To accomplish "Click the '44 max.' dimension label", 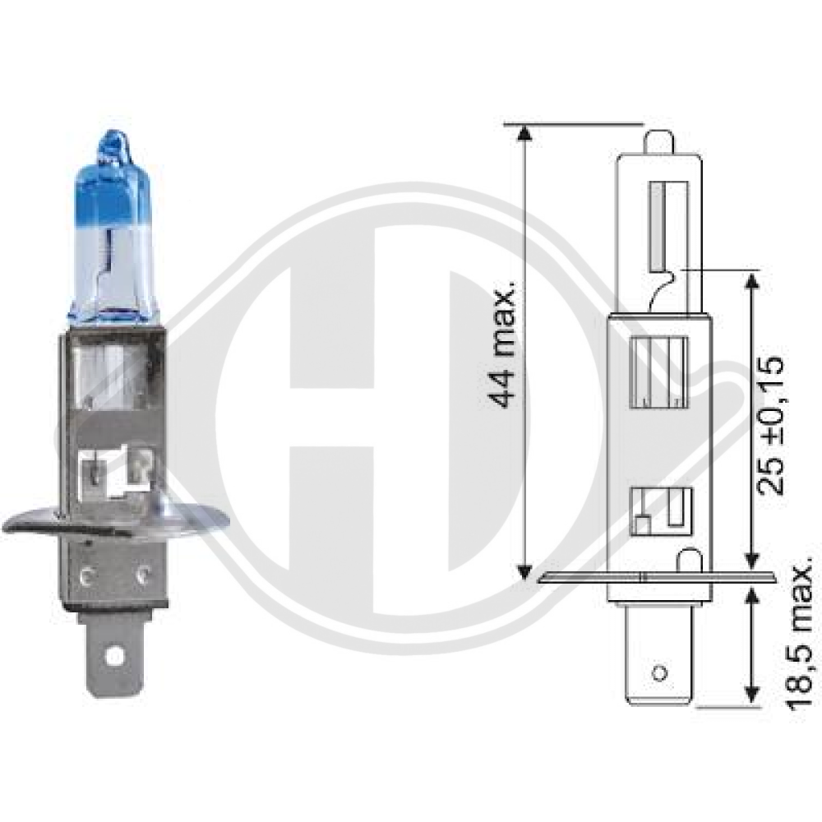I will [502, 345].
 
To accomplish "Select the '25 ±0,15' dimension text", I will [770, 425].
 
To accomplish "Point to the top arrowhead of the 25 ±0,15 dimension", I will [750, 279].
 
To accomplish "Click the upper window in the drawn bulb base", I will [658, 372].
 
